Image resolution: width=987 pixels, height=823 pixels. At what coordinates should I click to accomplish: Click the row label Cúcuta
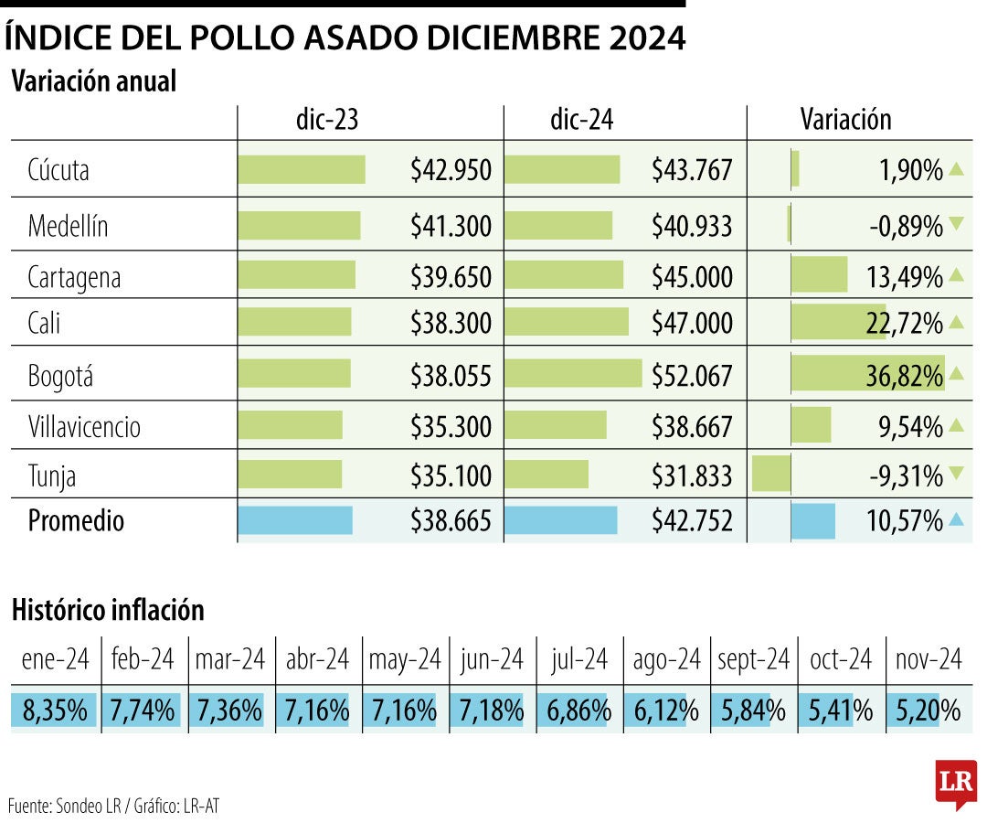[x=58, y=170]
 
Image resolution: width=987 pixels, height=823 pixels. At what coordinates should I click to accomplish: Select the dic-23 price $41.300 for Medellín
[x=451, y=225]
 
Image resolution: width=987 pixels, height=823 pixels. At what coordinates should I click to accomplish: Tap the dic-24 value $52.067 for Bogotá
[x=692, y=376]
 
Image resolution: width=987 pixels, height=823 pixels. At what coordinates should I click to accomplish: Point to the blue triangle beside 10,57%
[x=956, y=520]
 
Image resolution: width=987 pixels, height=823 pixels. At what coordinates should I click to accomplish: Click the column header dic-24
[x=582, y=121]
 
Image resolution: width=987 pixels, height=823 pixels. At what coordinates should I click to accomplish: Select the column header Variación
[x=845, y=120]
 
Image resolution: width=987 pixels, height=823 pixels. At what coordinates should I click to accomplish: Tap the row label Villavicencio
[x=84, y=426]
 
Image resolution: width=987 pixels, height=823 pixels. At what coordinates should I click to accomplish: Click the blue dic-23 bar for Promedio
[x=294, y=520]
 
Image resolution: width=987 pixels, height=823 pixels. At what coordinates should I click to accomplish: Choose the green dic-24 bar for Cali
[x=566, y=322]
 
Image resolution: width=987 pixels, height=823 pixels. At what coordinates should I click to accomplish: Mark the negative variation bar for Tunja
[x=770, y=475]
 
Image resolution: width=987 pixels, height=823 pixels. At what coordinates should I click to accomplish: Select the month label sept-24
[x=753, y=659]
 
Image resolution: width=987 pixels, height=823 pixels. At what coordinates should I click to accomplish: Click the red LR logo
[x=956, y=782]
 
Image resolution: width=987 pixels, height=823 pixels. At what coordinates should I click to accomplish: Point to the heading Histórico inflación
[x=108, y=609]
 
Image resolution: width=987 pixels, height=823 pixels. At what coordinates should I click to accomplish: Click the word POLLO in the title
[x=241, y=37]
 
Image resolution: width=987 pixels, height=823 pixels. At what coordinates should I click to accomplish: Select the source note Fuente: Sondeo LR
[x=69, y=807]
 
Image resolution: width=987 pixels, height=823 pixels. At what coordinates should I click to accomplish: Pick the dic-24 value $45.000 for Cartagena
[x=692, y=277]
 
